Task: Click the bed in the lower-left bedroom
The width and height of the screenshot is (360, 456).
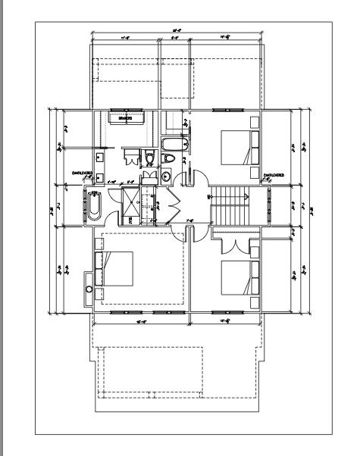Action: click(115, 270)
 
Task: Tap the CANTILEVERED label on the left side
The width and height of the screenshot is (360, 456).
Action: click(83, 173)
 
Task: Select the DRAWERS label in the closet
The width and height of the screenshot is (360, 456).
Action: click(126, 118)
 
